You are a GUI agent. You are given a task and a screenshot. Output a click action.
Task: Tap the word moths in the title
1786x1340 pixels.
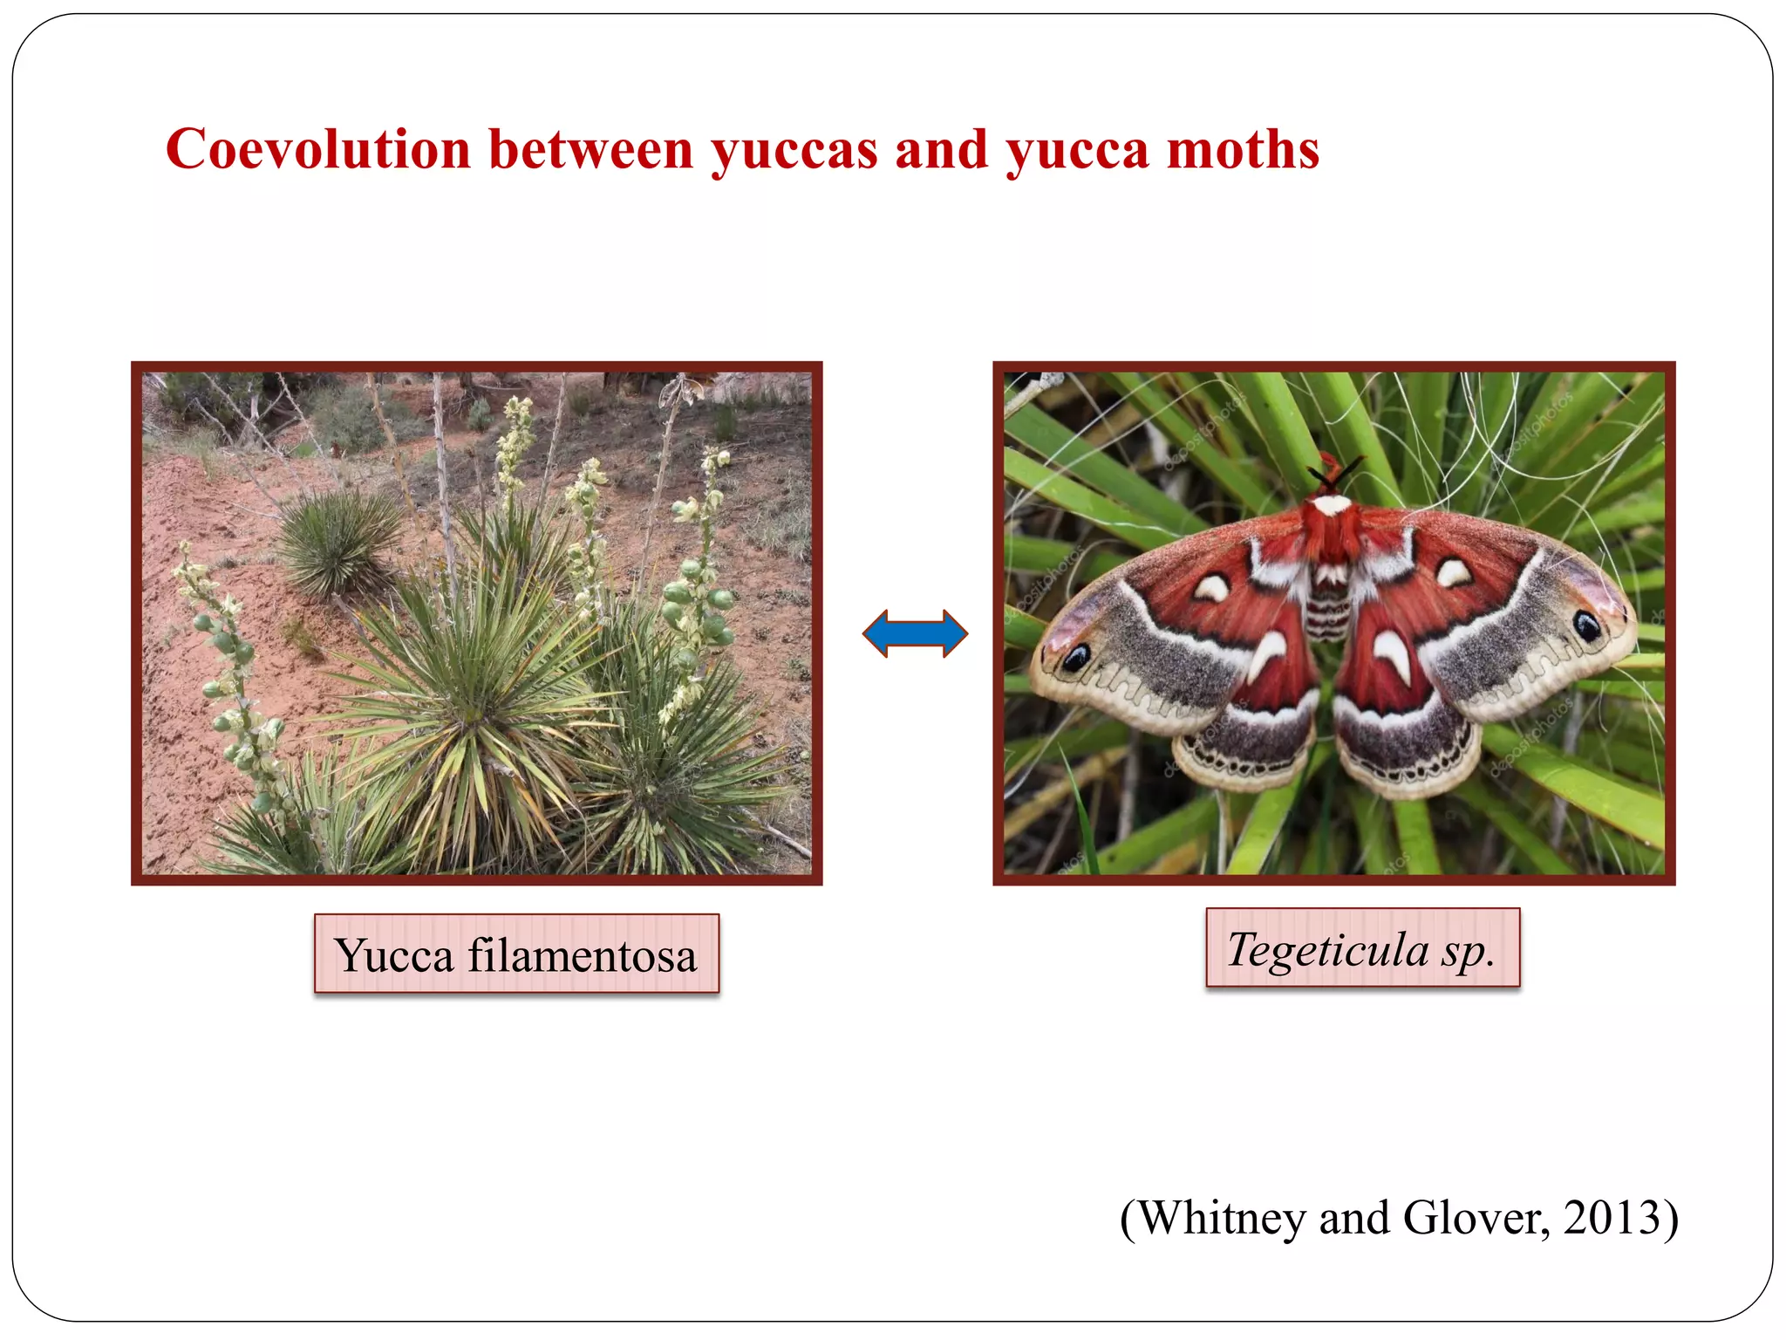(x=1243, y=149)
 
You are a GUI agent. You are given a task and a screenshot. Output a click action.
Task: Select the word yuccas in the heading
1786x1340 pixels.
(x=794, y=151)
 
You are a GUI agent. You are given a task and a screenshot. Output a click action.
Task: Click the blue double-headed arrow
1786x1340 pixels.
(x=915, y=633)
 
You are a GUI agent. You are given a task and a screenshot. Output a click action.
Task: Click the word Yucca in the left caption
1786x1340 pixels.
(x=394, y=955)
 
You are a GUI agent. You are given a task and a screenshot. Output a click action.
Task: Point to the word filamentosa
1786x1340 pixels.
(x=583, y=955)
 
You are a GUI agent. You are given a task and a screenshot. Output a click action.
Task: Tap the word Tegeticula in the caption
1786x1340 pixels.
(x=1327, y=949)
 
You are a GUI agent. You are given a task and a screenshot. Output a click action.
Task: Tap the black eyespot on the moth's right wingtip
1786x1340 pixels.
(x=1586, y=625)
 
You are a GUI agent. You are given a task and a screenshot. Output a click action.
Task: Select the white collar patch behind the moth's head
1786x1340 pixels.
(x=1332, y=505)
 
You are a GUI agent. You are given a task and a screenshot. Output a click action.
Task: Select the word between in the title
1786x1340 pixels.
(x=590, y=149)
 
